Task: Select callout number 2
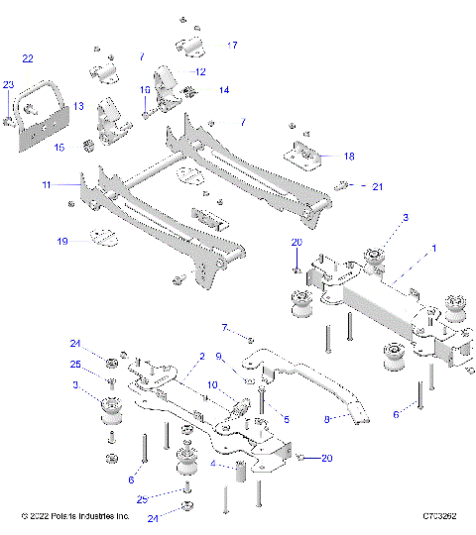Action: [x=201, y=356]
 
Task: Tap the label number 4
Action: [x=214, y=462]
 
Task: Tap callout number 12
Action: [x=199, y=71]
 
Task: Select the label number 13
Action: [x=78, y=106]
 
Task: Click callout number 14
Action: [x=224, y=89]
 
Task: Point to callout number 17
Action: [x=233, y=45]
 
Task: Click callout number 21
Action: [x=377, y=185]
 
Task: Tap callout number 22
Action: [x=28, y=59]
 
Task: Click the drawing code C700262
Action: [x=438, y=516]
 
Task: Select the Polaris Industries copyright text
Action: [x=75, y=516]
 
